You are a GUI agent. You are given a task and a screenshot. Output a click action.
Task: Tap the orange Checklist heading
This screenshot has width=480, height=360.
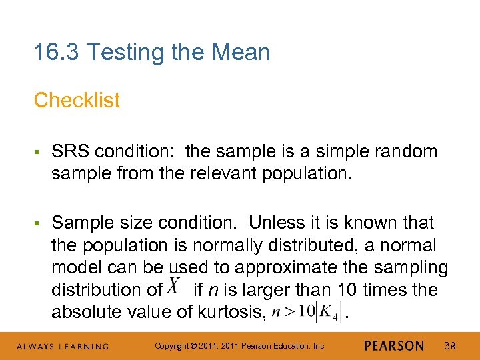tap(77, 101)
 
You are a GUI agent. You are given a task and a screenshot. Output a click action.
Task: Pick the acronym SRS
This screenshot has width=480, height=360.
tap(70, 151)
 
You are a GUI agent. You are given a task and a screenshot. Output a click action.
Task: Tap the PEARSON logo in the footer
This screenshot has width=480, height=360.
tap(394, 346)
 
